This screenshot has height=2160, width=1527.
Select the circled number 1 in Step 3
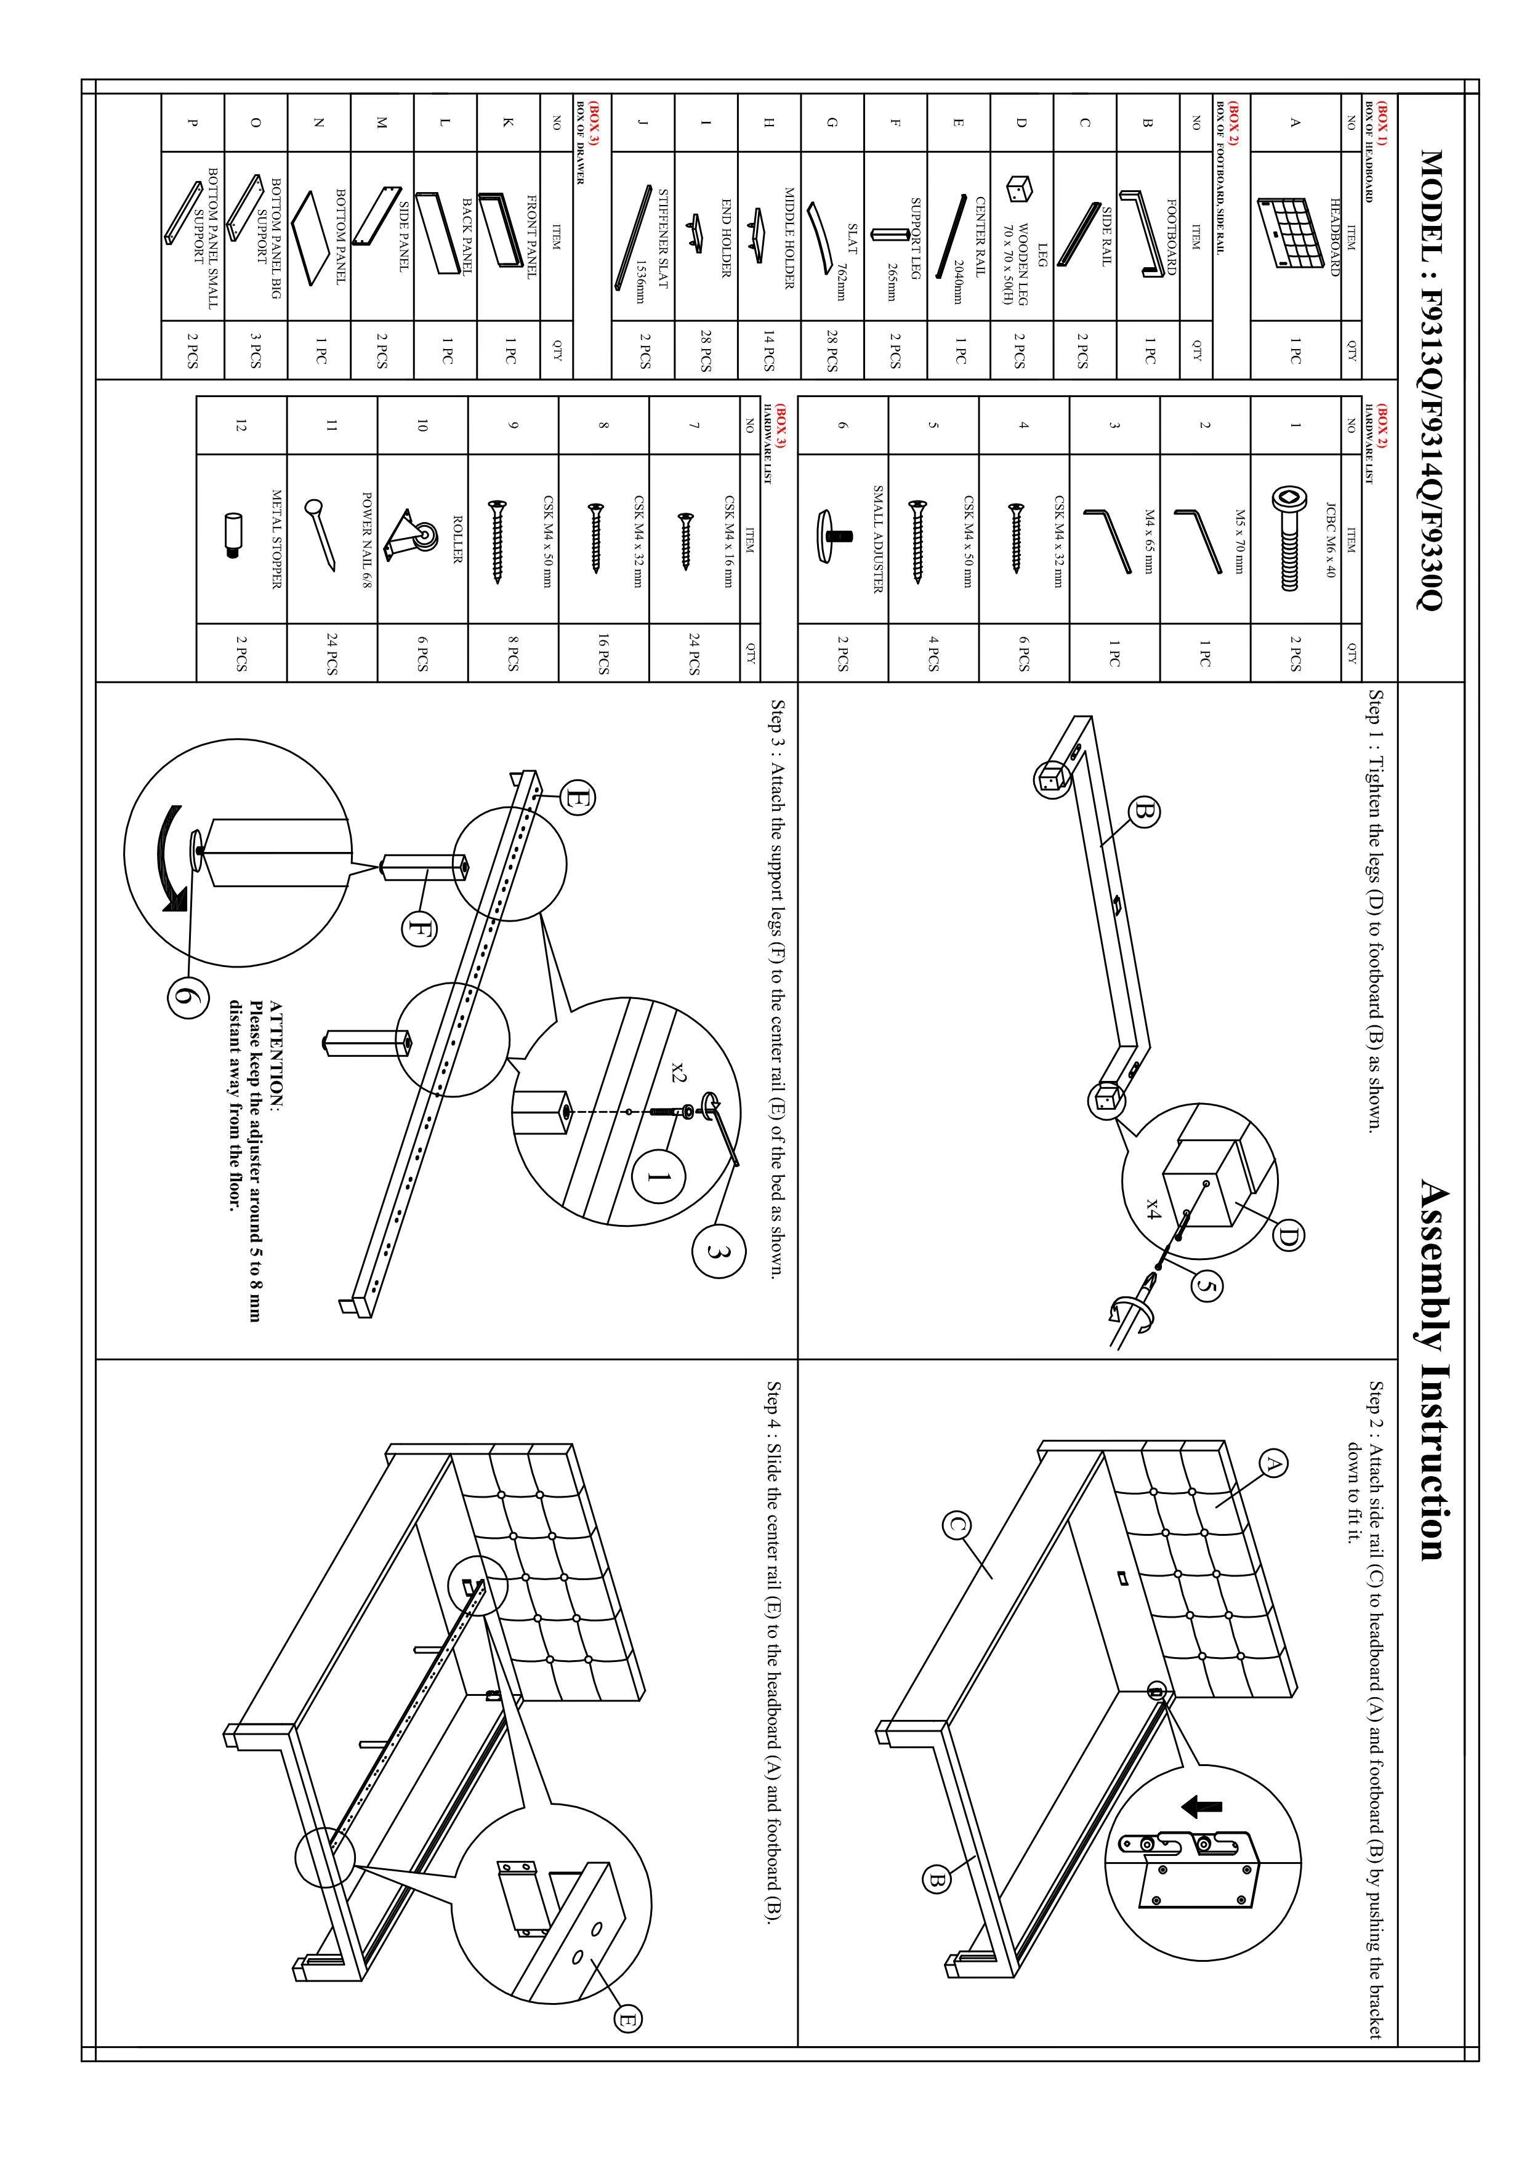[x=659, y=1177]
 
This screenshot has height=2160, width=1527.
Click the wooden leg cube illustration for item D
[x=1016, y=189]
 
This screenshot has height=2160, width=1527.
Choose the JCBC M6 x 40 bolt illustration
[x=1287, y=539]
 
